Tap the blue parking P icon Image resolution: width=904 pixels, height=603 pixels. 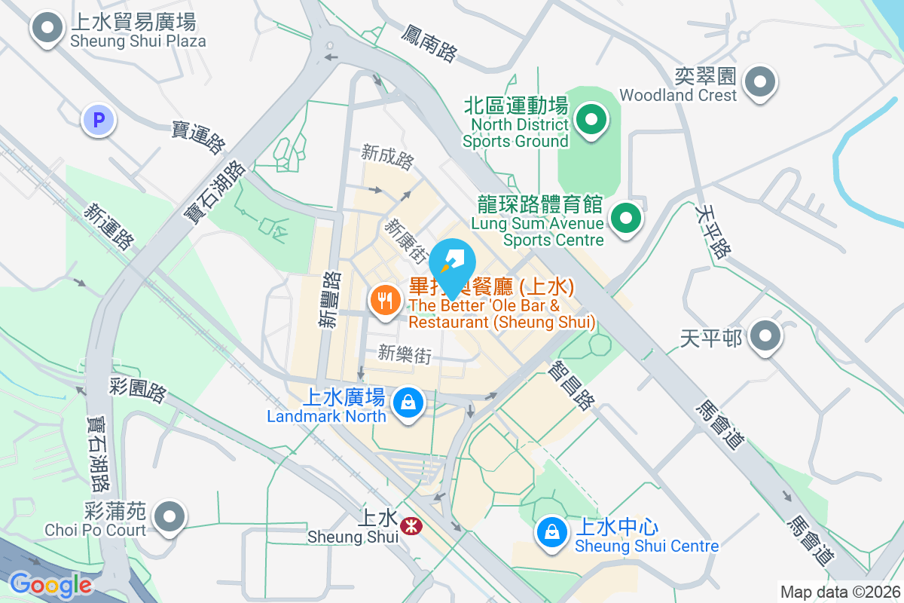tap(99, 119)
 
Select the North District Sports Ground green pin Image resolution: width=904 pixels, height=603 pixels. tap(591, 119)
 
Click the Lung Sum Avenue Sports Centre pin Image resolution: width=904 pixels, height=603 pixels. tap(625, 219)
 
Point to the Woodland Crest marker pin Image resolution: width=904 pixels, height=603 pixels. tap(759, 81)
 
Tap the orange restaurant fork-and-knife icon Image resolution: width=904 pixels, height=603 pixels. tap(386, 301)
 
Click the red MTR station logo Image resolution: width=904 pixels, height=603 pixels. tap(411, 525)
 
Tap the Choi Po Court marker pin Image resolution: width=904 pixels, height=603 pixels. tap(169, 517)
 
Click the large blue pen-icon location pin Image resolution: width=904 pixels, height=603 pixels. tap(453, 265)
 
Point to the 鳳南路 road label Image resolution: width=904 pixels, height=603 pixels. tap(429, 43)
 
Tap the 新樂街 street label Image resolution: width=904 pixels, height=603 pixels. tap(405, 354)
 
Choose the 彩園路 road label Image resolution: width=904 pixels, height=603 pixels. tap(137, 386)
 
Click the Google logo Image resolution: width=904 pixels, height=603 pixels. tap(50, 585)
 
